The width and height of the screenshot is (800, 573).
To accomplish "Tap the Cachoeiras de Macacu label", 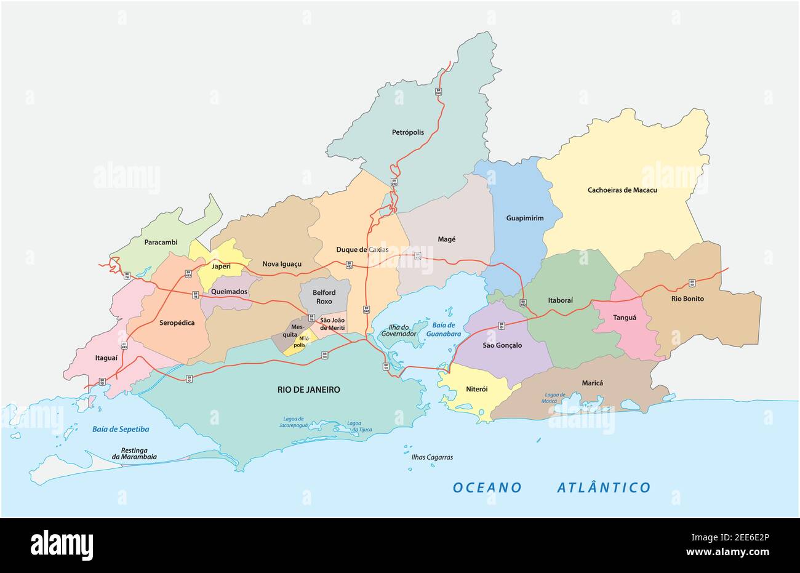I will tap(622, 190).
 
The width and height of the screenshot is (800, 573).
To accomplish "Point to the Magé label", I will tap(446, 239).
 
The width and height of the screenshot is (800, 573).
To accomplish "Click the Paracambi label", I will tap(161, 242).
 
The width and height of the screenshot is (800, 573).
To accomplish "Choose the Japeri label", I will tap(221, 266).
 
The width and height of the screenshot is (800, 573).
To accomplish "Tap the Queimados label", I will tap(228, 292).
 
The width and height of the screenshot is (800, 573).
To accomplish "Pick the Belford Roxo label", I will tap(323, 297).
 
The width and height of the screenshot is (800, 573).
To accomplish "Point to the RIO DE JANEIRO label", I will tap(308, 390).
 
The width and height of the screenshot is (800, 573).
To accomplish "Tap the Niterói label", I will tap(476, 389).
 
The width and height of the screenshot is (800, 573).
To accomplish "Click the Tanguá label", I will tap(624, 318).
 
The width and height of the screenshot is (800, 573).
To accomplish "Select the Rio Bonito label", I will tap(687, 299).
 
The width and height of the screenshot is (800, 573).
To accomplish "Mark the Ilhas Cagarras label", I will tap(432, 457).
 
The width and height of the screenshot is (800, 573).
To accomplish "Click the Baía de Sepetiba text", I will tap(121, 428).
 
